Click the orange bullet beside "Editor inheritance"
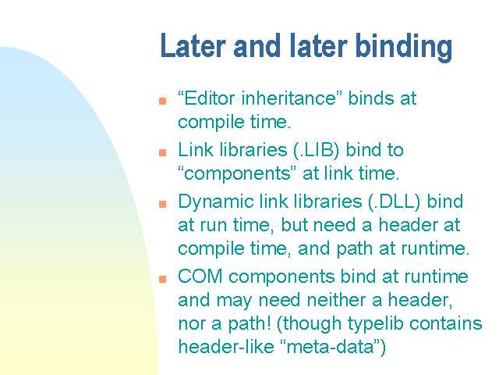point(163,101)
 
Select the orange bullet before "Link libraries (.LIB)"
point(163,152)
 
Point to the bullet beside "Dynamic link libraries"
point(163,204)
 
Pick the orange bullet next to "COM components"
point(163,279)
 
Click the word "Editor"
point(209,98)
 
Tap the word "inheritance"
point(288,98)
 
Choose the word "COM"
point(200,277)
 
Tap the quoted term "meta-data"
point(329,347)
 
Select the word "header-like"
point(226,347)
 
